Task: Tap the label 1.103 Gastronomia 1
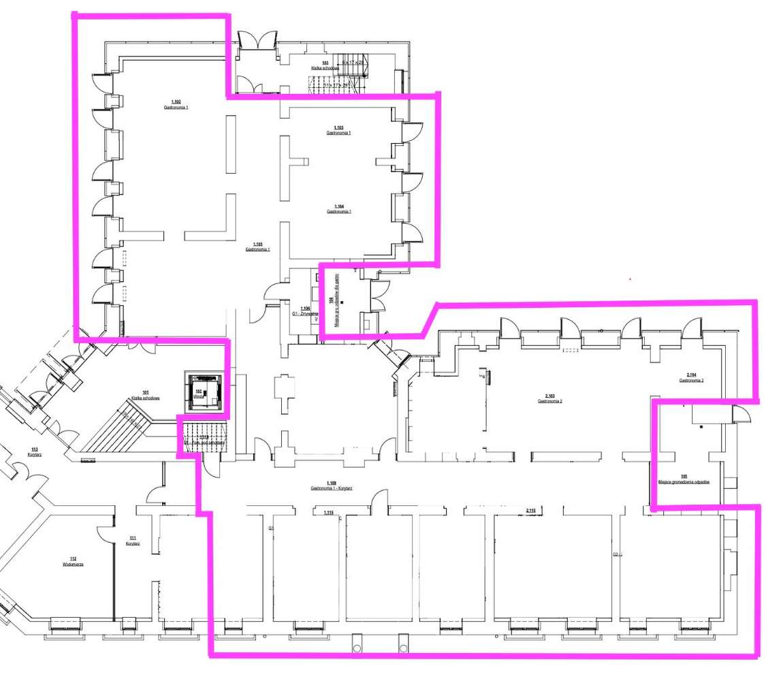click(338, 130)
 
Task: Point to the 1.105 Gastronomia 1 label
click(257, 247)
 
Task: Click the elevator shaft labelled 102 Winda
click(204, 392)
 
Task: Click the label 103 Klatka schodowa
click(325, 65)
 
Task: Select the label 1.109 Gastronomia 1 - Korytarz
click(330, 486)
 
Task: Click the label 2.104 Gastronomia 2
click(690, 378)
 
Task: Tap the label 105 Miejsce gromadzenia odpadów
click(684, 479)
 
